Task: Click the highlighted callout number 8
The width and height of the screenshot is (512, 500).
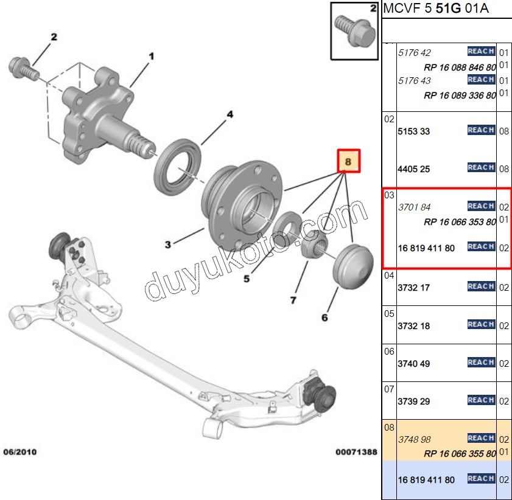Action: (x=349, y=162)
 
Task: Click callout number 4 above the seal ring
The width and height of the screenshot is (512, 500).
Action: (x=230, y=114)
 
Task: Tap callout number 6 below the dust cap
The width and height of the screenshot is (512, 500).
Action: (x=324, y=317)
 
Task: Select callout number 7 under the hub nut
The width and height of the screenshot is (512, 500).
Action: (x=293, y=300)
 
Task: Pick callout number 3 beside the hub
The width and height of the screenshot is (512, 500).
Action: (x=167, y=245)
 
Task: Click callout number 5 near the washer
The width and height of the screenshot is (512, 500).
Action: (x=247, y=279)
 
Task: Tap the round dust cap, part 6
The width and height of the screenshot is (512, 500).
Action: (x=353, y=263)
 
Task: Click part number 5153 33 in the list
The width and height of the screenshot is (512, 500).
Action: (x=413, y=131)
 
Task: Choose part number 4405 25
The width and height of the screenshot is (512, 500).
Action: (x=413, y=168)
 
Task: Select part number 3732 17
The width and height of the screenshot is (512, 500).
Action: (x=413, y=288)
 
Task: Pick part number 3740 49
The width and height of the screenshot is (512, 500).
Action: (x=413, y=364)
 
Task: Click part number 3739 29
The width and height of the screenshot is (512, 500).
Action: (x=413, y=401)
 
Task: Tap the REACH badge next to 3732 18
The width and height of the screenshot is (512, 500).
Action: (x=481, y=325)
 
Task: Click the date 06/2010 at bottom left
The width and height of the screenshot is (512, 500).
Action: (x=20, y=453)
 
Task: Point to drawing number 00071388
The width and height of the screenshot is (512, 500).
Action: (x=356, y=453)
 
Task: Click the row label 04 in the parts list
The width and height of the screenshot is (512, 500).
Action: (x=389, y=276)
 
